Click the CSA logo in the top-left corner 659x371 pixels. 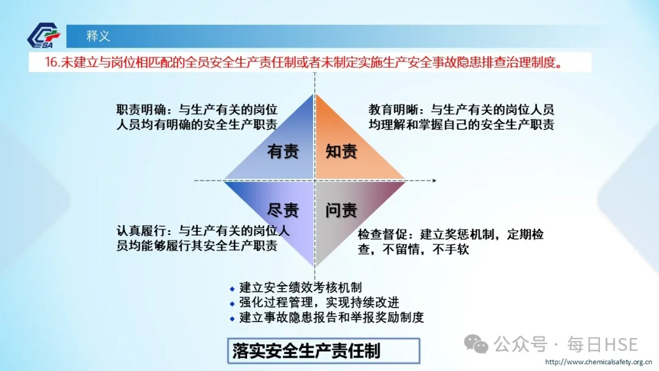(44, 35)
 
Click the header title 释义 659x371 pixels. (98, 36)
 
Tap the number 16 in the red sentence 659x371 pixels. (51, 62)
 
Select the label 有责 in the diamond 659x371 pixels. (283, 151)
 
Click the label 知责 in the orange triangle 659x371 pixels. (341, 151)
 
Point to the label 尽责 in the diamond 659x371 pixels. (283, 210)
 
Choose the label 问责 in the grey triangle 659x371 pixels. (341, 210)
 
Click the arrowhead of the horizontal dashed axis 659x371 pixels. (434, 181)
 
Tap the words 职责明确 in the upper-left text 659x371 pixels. (141, 110)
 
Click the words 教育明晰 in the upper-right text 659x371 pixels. (394, 110)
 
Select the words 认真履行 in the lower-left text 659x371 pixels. (141, 231)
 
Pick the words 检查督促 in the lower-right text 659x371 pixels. (383, 234)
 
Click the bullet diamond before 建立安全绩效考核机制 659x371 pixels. (232, 289)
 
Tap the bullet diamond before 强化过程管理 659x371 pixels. (232, 304)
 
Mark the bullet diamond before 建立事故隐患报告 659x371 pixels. (232, 319)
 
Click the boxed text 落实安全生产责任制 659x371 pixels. (306, 351)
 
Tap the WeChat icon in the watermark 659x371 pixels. (476, 345)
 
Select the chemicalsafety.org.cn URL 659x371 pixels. (599, 362)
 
